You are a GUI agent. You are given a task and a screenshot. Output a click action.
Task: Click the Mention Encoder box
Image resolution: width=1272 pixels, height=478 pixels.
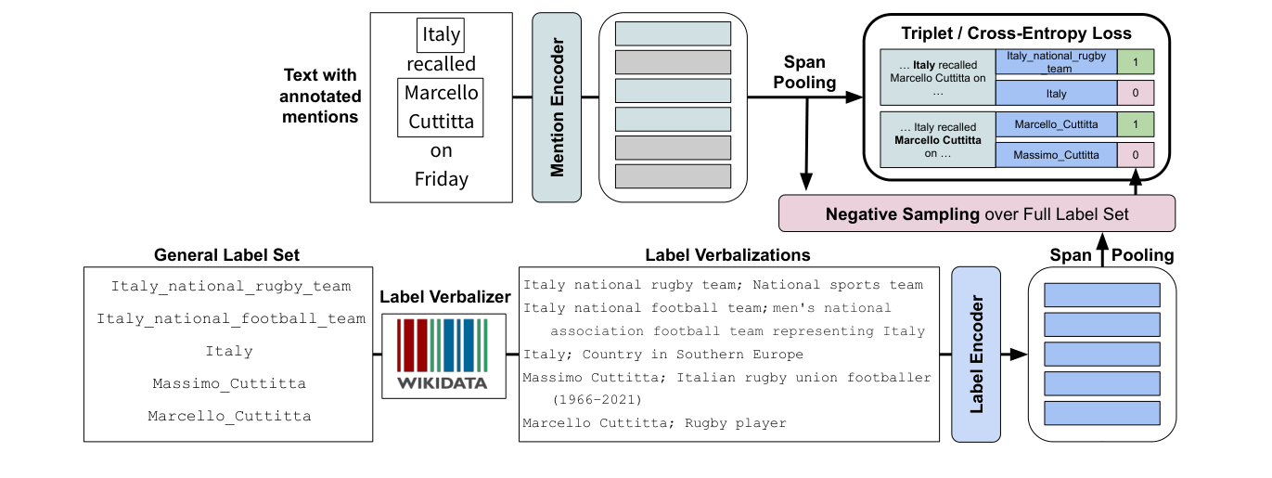(556, 107)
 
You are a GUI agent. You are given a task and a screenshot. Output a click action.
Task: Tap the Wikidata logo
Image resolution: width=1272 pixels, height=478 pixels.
(444, 355)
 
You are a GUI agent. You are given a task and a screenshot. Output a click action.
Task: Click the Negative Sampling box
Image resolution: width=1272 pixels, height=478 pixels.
(977, 213)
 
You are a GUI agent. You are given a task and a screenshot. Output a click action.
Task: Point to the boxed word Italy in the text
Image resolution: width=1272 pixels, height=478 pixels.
(441, 35)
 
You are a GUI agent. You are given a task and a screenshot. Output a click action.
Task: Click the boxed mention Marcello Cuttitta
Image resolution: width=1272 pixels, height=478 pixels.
(441, 107)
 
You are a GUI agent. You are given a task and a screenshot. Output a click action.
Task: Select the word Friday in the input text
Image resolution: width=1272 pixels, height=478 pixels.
(441, 178)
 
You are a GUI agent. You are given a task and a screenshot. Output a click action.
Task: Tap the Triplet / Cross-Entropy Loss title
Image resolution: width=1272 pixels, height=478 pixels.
(1016, 33)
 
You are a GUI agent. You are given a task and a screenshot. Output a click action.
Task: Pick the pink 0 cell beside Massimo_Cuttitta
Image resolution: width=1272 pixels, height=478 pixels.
(1135, 154)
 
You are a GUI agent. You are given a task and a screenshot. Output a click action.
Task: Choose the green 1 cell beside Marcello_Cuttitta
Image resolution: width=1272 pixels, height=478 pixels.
(1135, 124)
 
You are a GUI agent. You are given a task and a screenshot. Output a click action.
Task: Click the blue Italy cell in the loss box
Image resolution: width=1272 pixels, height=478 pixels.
(1055, 93)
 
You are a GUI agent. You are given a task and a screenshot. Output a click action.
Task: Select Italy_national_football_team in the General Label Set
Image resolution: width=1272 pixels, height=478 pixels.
(231, 318)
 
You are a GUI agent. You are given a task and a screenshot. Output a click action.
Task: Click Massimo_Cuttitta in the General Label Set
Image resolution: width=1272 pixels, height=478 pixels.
(229, 382)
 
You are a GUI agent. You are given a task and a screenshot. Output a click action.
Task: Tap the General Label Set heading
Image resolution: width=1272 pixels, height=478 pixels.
(227, 255)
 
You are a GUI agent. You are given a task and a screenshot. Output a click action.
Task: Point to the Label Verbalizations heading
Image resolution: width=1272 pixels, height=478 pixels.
(727, 255)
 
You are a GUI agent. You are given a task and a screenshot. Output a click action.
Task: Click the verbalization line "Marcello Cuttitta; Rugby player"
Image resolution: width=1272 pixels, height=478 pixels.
(654, 423)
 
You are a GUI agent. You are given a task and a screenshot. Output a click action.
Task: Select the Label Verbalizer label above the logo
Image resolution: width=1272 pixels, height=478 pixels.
(445, 297)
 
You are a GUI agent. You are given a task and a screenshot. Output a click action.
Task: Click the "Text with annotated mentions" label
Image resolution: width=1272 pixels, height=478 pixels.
(320, 96)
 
